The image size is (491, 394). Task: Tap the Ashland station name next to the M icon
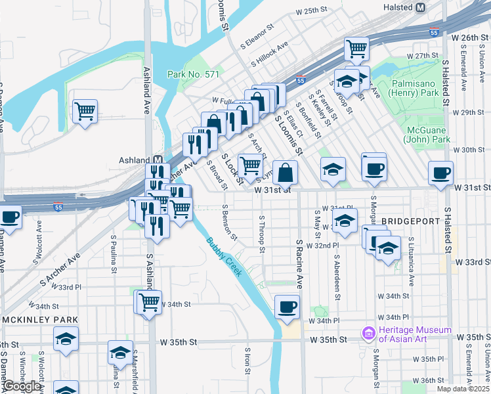[134, 160]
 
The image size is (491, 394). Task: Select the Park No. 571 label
[193, 75]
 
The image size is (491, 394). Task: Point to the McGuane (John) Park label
[427, 135]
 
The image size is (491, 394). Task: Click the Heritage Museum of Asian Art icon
[368, 334]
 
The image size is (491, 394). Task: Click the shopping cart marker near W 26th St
[356, 47]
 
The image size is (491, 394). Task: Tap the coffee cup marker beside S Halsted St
[440, 173]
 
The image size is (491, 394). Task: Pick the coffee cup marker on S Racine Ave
[286, 306]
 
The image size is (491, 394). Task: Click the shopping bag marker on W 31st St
[286, 173]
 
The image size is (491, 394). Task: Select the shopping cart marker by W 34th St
[149, 302]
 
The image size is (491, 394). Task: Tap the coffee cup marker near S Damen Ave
[9, 217]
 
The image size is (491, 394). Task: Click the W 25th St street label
[311, 11]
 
